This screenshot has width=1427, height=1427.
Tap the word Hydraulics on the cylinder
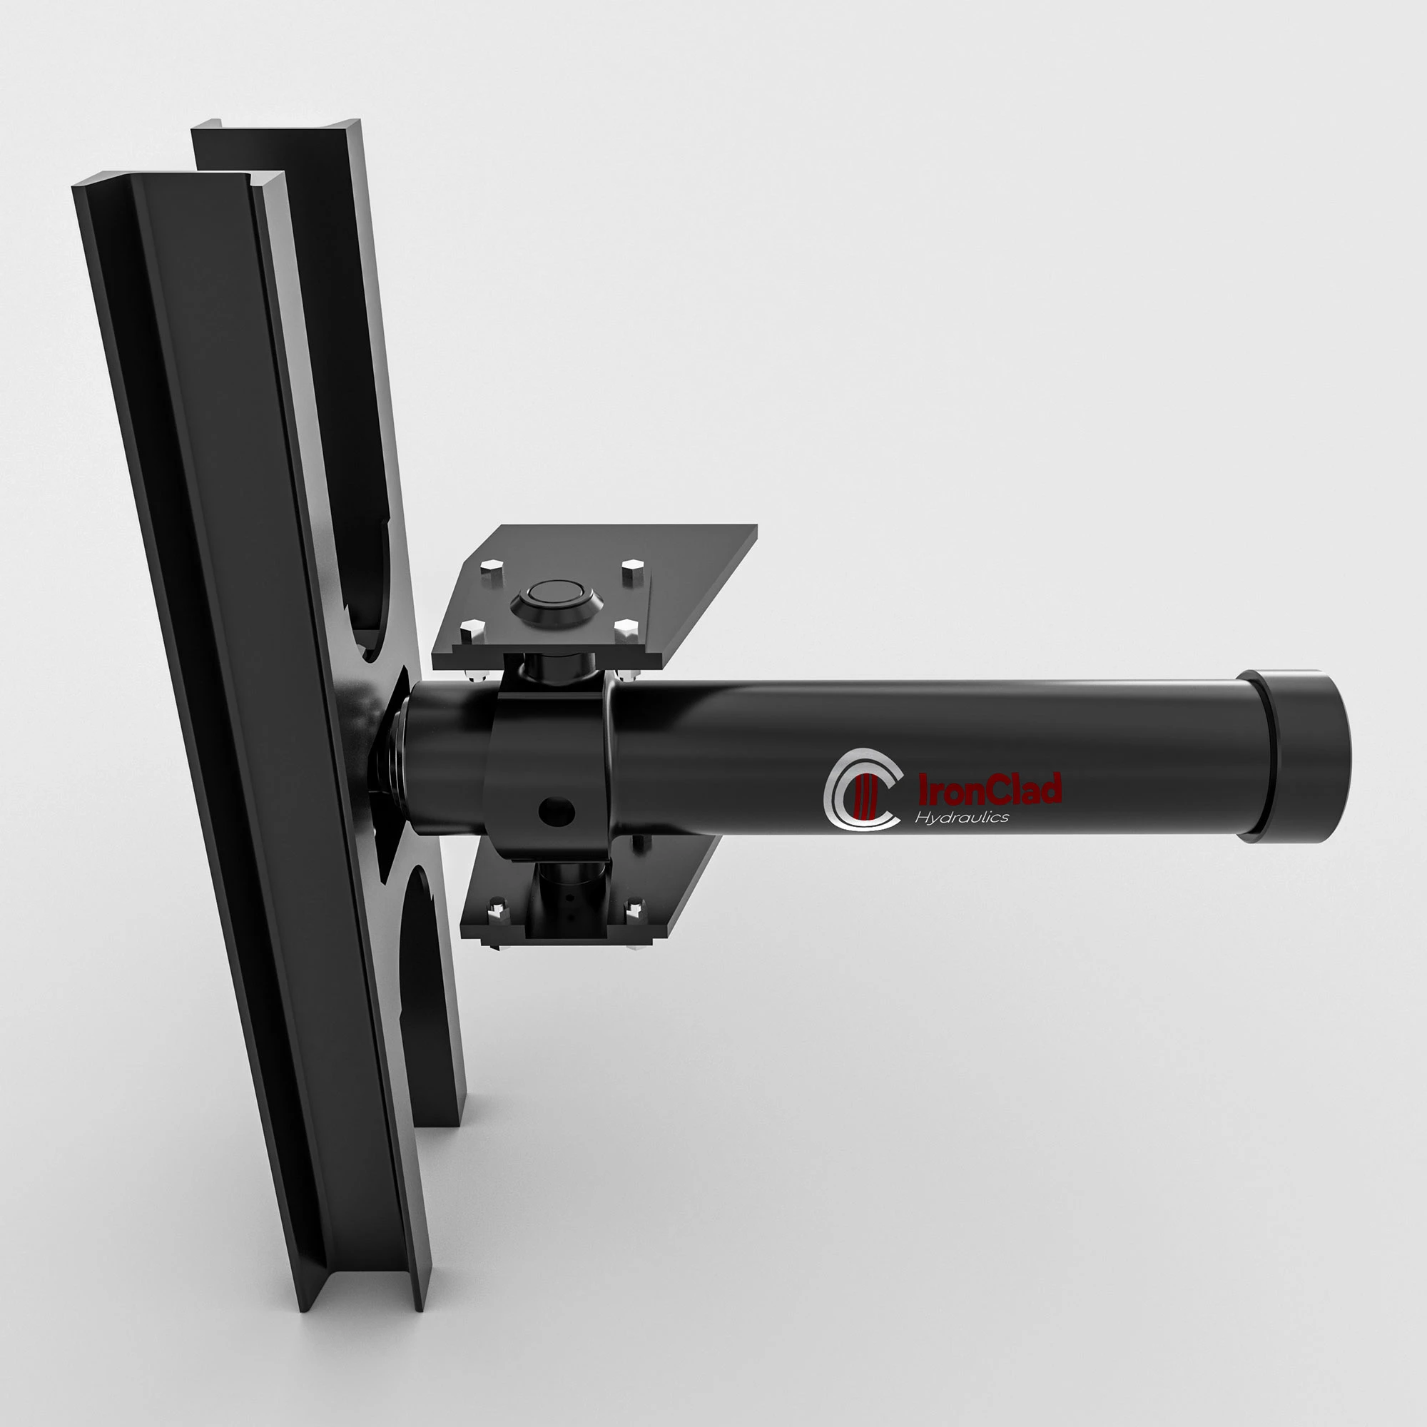962,817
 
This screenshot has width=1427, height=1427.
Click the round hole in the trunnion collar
557,811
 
